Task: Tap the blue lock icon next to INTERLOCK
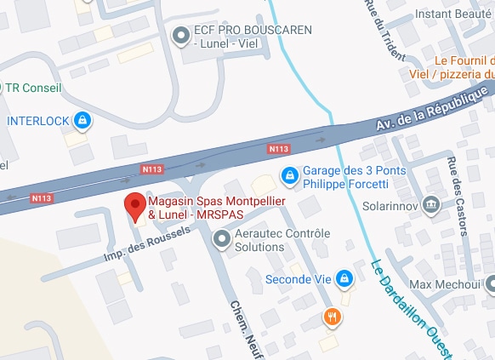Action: pos(82,121)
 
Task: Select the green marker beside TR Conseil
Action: pos(2,88)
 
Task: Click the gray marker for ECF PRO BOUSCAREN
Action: pos(181,36)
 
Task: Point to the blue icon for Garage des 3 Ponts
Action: pos(290,174)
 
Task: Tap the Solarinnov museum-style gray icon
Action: pos(431,203)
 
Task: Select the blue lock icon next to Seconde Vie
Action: pos(344,278)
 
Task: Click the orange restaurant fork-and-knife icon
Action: pos(333,318)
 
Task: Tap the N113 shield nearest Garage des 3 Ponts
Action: pos(279,149)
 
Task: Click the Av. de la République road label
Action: pos(435,110)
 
